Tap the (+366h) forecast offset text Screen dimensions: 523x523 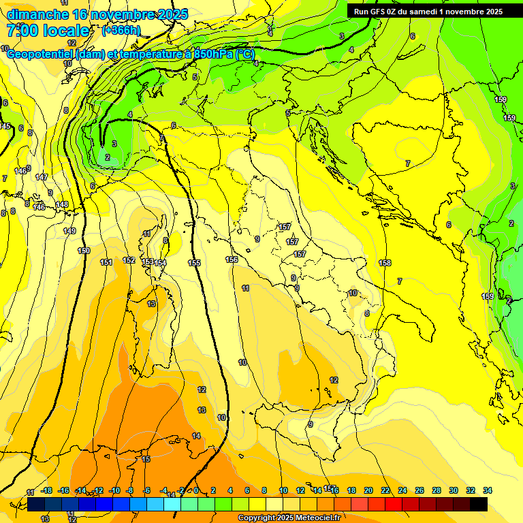(x=121, y=30)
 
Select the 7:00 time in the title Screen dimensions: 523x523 (x=24, y=31)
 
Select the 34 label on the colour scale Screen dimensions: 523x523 (x=488, y=490)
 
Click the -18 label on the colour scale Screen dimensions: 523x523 (x=47, y=490)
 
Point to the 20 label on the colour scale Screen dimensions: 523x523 (x=368, y=490)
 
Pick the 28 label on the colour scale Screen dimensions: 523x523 (x=437, y=490)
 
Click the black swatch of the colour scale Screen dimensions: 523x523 (x=479, y=504)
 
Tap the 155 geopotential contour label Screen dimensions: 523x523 (x=194, y=263)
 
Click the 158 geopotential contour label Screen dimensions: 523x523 (x=385, y=263)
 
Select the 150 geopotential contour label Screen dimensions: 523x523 (x=84, y=251)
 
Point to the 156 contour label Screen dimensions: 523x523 (x=232, y=259)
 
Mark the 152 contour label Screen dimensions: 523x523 (x=129, y=260)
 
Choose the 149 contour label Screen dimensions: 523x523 (x=69, y=232)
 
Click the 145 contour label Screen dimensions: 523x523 (x=5, y=127)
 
